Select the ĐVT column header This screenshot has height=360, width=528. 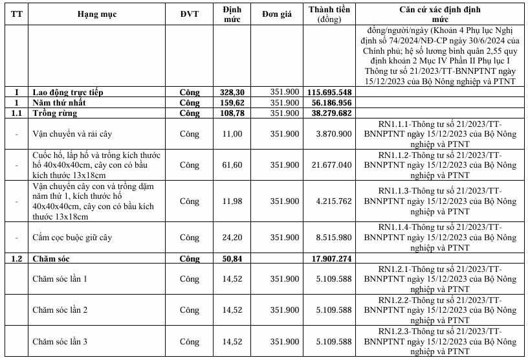pos(190,15)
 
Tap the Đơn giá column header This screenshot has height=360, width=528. pos(280,15)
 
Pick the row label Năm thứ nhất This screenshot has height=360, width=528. pos(60,103)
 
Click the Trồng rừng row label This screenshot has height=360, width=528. pos(55,113)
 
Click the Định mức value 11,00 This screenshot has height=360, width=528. pos(231,134)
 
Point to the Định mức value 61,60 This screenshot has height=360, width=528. pos(231,165)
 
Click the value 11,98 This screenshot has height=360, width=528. pos(231,201)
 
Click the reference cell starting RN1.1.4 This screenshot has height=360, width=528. pos(439,238)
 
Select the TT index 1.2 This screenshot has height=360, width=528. pos(19,259)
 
